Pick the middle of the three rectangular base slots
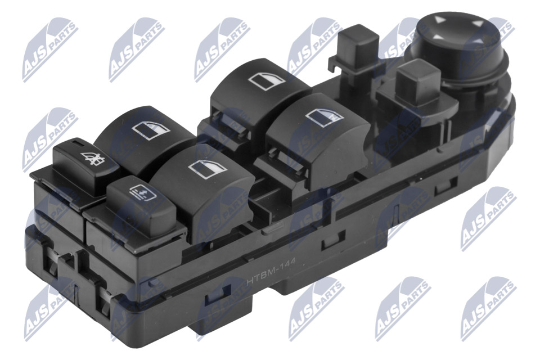point(326,242)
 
